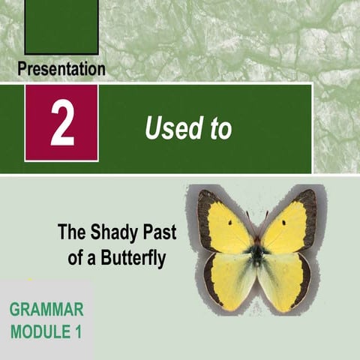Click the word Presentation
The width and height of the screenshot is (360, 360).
click(61, 70)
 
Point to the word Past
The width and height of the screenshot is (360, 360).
click(157, 232)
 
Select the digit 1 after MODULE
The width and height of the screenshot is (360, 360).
click(77, 330)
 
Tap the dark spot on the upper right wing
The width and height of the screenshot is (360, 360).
click(283, 223)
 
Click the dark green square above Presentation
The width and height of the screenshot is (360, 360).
click(61, 26)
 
